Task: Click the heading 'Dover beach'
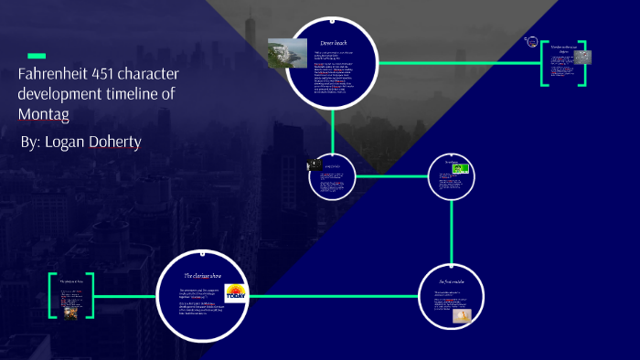coord(334,43)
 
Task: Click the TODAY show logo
coord(236,295)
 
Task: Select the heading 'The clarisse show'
coord(201,275)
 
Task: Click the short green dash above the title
coord(37,56)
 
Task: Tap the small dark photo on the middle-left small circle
coord(315,164)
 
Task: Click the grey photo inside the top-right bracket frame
coord(581,58)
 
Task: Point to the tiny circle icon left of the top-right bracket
coord(529,40)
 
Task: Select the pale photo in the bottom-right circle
coord(464,314)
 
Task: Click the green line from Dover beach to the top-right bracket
coord(457,63)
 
